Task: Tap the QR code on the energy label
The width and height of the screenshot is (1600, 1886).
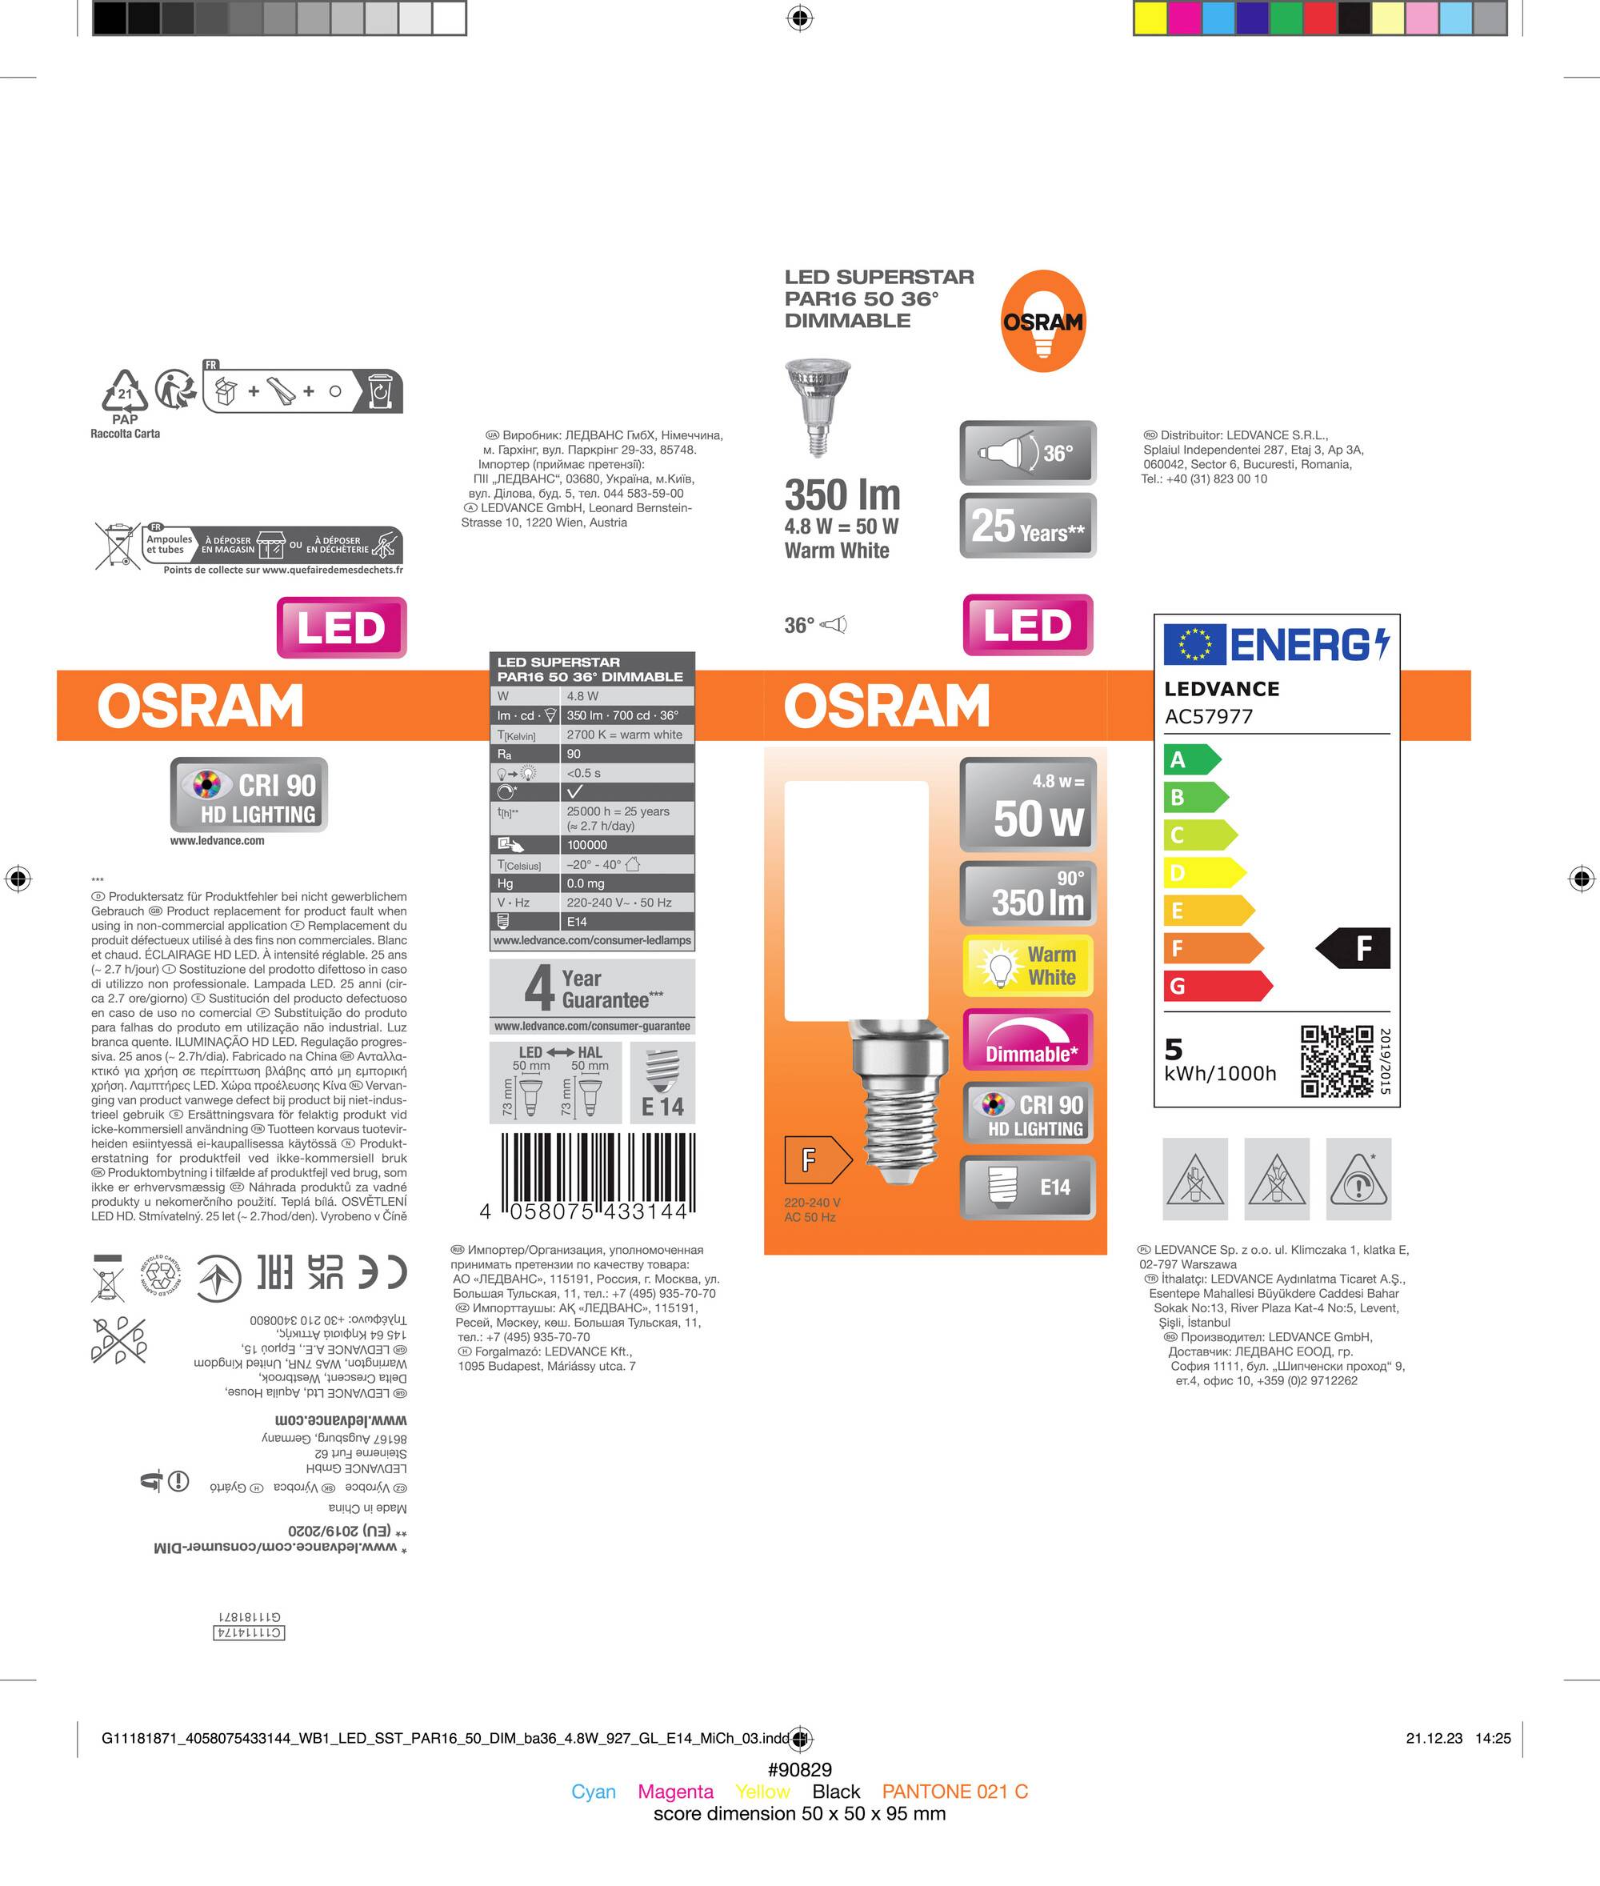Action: [x=1337, y=1061]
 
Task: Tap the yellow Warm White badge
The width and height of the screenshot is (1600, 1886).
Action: [x=1028, y=966]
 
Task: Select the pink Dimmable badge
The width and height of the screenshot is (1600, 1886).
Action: [x=1028, y=1039]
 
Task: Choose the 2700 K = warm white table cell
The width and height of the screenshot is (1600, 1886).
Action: [x=625, y=735]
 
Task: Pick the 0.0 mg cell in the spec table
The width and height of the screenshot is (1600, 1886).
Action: [x=625, y=883]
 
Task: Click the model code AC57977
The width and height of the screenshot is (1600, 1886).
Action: [x=1208, y=717]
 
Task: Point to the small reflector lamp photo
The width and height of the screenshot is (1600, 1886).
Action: [x=818, y=406]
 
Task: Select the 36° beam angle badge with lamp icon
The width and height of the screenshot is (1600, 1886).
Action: [x=1028, y=452]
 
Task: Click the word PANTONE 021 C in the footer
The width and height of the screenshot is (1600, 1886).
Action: [x=954, y=1792]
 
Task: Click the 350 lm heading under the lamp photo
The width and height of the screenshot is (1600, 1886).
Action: [x=842, y=495]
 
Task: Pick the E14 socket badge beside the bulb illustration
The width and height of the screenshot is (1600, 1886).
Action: [x=1028, y=1187]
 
